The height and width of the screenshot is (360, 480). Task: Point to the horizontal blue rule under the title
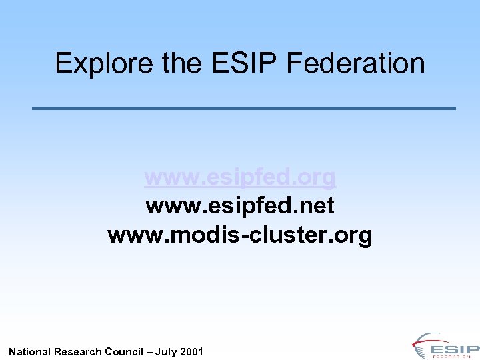click(x=244, y=108)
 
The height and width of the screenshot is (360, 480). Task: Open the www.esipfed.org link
click(x=240, y=177)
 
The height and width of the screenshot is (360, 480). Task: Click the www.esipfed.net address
click(x=240, y=206)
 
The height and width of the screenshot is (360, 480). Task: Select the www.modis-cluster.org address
click(x=240, y=235)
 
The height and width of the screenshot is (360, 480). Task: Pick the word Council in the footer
click(x=124, y=351)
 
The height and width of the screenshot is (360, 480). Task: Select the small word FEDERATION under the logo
click(x=453, y=357)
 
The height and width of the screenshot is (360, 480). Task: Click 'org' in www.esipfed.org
click(x=318, y=177)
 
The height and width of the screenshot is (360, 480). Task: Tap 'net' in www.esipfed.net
click(x=318, y=206)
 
